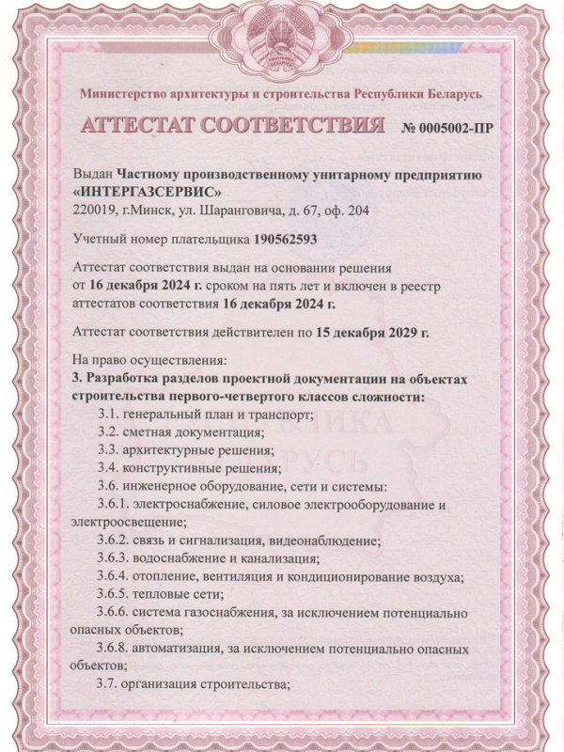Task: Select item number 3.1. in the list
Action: click(x=110, y=415)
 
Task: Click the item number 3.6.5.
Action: click(x=117, y=594)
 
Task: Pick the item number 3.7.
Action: click(x=110, y=684)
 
